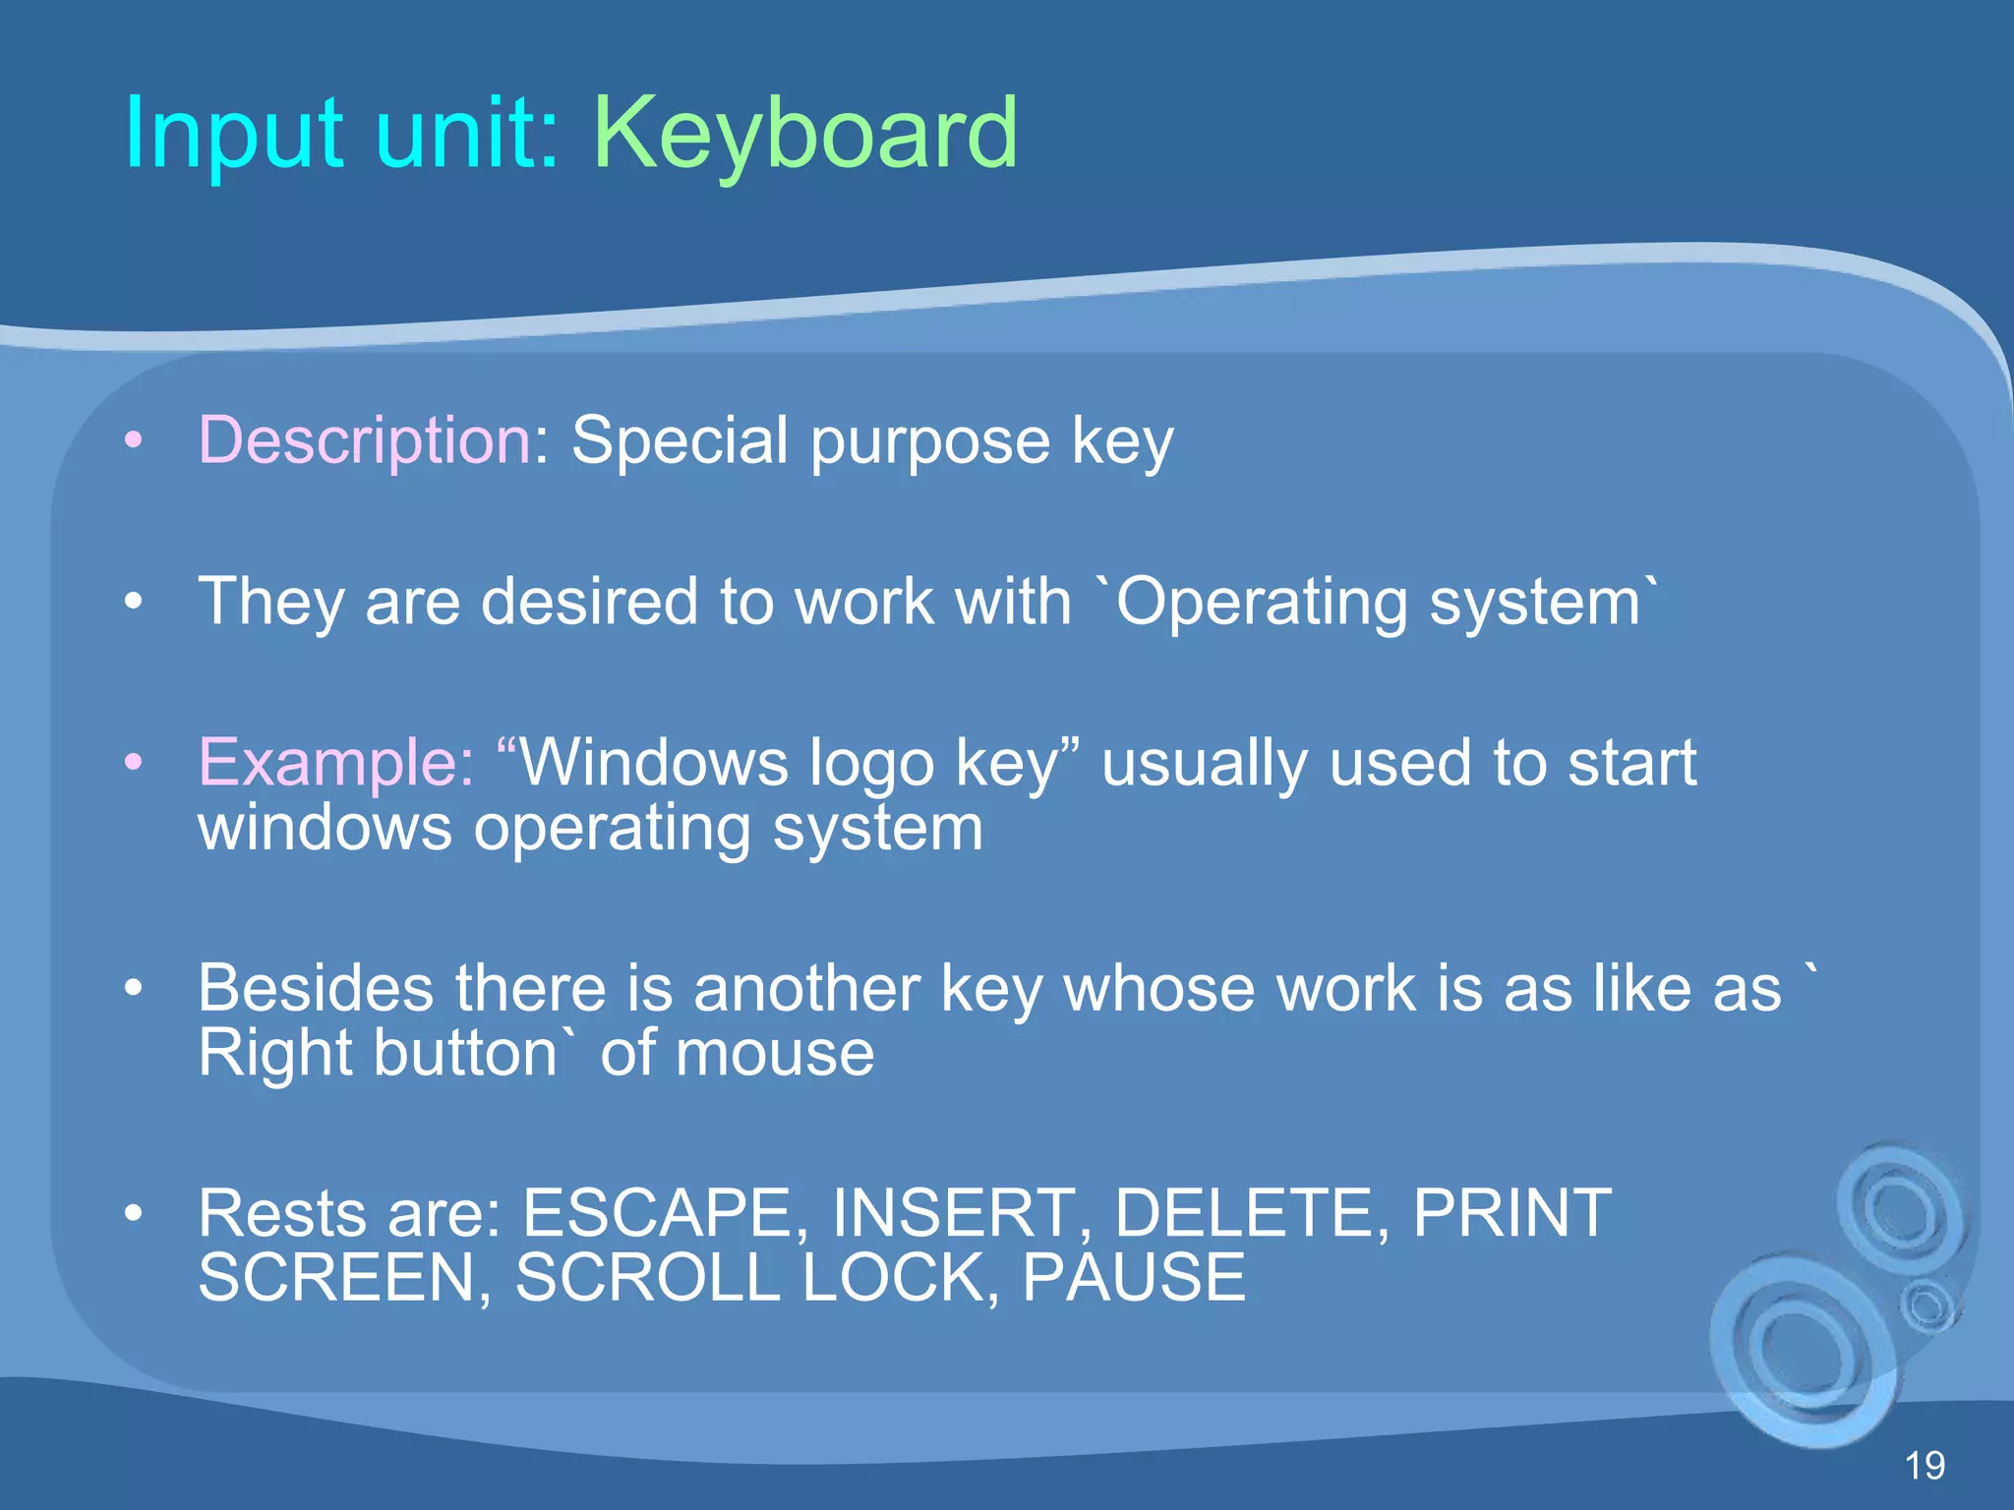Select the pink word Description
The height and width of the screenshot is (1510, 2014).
(366, 439)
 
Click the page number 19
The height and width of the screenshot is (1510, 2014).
(1925, 1466)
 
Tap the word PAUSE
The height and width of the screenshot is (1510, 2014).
(1134, 1278)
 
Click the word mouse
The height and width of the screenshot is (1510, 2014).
(788, 1054)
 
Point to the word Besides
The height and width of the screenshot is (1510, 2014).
(315, 988)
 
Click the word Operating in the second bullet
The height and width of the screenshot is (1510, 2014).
(1262, 602)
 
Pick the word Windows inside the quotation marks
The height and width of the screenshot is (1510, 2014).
(654, 762)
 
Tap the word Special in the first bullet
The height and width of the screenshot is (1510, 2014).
(680, 439)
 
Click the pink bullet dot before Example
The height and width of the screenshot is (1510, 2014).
(134, 762)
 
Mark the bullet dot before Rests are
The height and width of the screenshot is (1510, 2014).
(134, 1213)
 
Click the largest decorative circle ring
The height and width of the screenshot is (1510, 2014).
(1805, 1352)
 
